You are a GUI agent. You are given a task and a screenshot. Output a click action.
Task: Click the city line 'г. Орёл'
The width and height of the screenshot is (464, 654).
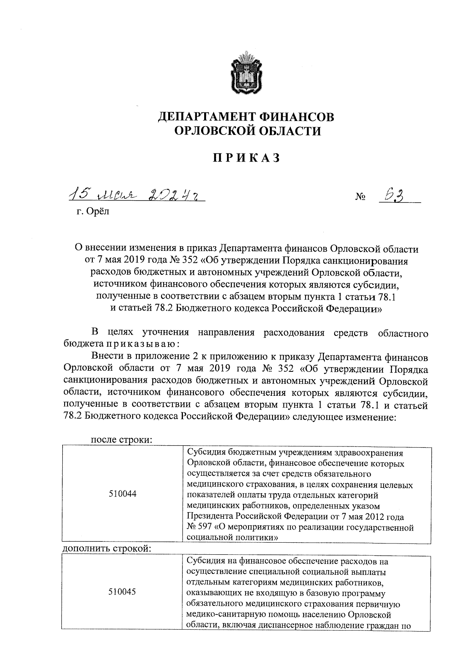93,211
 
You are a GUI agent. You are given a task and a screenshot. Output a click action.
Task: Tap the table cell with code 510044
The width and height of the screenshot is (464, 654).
123,494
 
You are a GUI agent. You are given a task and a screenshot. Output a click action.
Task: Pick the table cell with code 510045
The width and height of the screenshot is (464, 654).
123,592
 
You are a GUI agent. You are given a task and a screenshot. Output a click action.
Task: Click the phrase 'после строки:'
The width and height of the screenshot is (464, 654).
121,439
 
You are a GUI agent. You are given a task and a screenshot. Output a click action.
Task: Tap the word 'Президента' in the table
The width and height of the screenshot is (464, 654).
209,517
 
